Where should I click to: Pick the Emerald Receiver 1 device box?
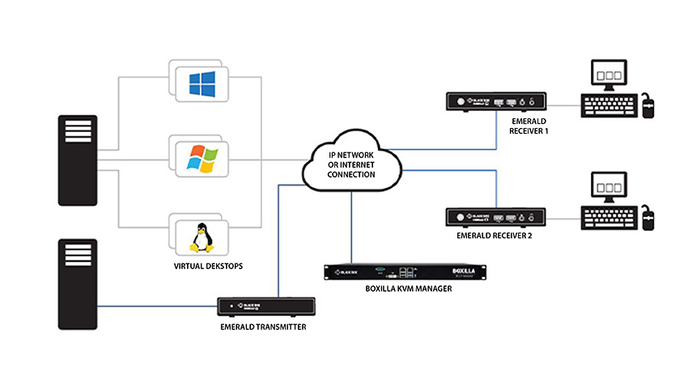[494, 102]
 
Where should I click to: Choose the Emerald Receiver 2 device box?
[494, 216]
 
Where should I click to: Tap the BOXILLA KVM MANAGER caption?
[402, 289]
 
